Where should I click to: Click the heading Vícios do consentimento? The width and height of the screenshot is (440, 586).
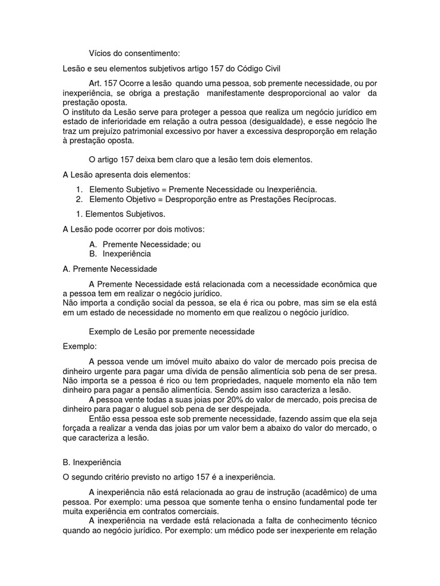pyautogui.click(x=135, y=53)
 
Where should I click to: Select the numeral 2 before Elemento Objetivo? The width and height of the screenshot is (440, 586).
pyautogui.click(x=78, y=200)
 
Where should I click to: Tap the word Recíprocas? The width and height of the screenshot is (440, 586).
pyautogui.click(x=315, y=200)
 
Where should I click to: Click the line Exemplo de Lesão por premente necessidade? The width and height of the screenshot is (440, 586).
pyautogui.click(x=172, y=331)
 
